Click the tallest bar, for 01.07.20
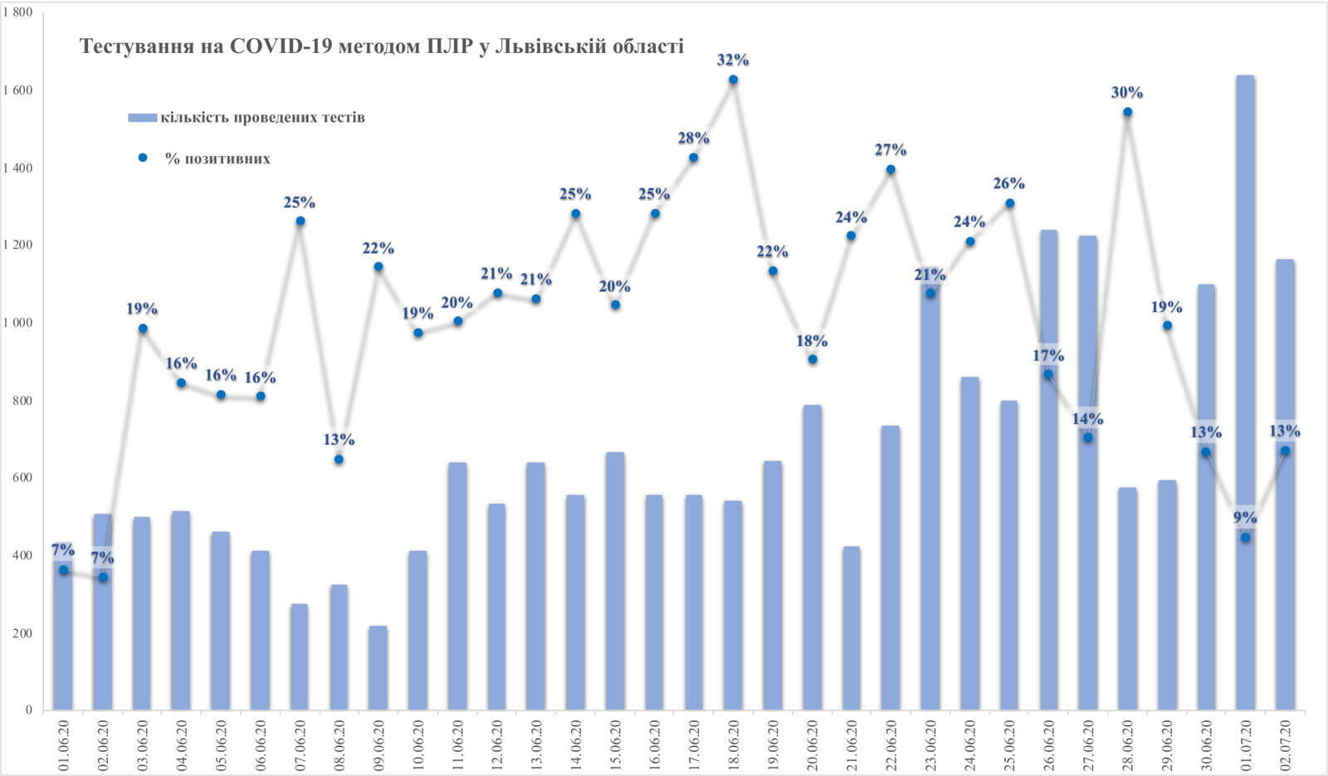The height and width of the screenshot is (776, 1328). pyautogui.click(x=1245, y=390)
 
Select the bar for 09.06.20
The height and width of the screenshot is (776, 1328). pyautogui.click(x=378, y=668)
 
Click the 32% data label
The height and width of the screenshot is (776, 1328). pyautogui.click(x=733, y=60)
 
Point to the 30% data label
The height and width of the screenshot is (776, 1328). pyautogui.click(x=1127, y=93)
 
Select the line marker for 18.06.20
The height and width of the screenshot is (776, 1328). pyautogui.click(x=733, y=80)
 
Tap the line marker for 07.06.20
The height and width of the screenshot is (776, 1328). pyautogui.click(x=300, y=221)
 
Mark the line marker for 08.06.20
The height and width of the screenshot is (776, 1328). pyautogui.click(x=339, y=459)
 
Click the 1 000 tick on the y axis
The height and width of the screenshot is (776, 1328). pyautogui.click(x=17, y=323)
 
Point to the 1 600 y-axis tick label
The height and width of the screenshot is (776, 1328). pyautogui.click(x=17, y=90)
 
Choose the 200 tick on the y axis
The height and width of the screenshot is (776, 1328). pyautogui.click(x=22, y=633)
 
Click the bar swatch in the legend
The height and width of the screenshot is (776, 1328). pyautogui.click(x=143, y=118)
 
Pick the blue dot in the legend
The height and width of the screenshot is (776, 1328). pyautogui.click(x=143, y=158)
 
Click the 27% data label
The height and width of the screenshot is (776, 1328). pyautogui.click(x=891, y=150)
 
